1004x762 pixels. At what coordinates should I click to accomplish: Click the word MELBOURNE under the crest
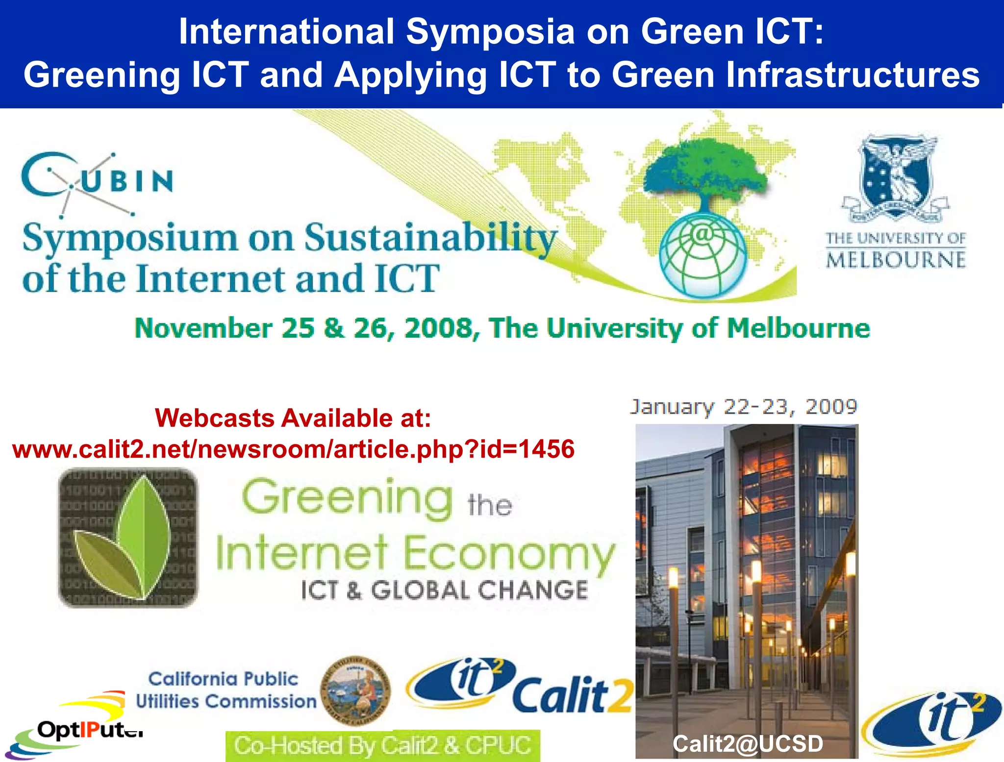click(x=896, y=260)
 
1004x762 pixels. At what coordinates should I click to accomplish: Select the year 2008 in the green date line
click(x=439, y=328)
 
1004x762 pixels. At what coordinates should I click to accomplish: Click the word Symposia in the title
click(x=490, y=32)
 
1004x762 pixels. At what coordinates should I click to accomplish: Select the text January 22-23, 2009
click(x=743, y=407)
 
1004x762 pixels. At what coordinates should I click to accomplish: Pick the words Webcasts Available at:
click(x=293, y=418)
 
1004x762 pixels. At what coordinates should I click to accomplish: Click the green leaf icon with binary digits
click(x=128, y=538)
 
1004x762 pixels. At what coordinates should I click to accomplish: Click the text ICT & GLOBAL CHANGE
click(x=444, y=590)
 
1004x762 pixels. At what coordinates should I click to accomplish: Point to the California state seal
click(x=355, y=691)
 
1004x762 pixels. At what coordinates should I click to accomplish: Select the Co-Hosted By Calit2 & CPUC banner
click(x=382, y=745)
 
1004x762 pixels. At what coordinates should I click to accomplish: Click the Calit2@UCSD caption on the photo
click(x=747, y=744)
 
